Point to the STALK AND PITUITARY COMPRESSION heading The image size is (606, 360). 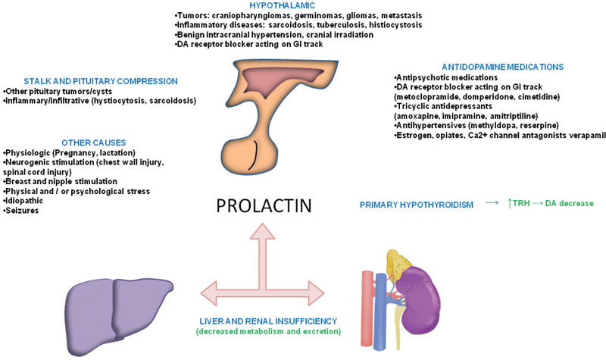pyautogui.click(x=100, y=81)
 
